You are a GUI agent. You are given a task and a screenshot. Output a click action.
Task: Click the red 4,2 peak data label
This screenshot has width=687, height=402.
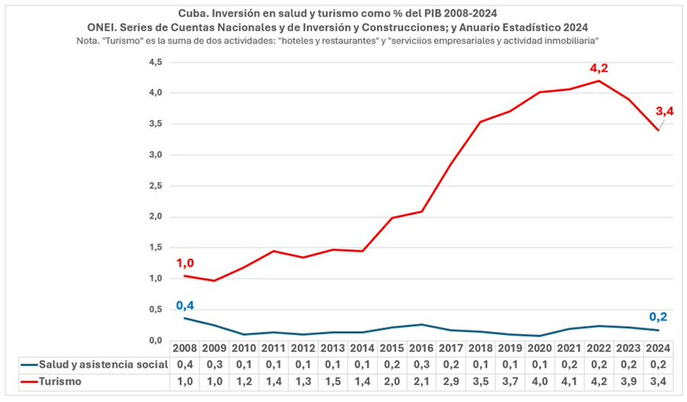(x=601, y=68)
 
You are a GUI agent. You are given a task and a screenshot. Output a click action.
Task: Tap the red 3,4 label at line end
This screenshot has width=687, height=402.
(x=664, y=112)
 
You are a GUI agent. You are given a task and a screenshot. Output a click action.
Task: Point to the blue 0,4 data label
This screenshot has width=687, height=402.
(x=185, y=306)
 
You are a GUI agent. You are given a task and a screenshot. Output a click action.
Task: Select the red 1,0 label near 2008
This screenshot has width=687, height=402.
(x=185, y=263)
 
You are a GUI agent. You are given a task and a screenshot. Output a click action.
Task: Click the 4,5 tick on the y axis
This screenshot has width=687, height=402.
(x=156, y=62)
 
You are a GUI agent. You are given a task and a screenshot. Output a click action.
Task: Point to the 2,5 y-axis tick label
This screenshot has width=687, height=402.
(x=156, y=185)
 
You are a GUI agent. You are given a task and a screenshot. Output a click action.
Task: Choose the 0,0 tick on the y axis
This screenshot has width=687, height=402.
(x=156, y=340)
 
